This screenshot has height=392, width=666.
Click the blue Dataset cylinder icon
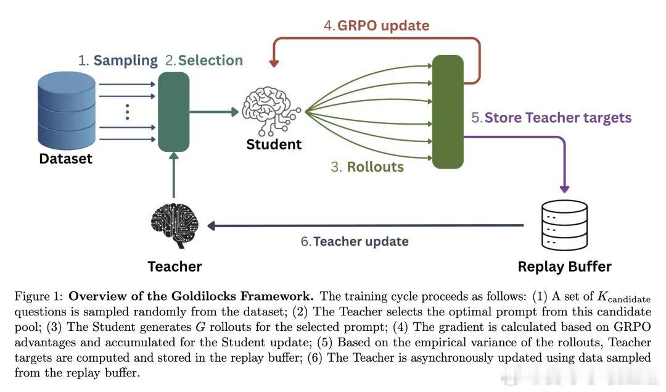(67, 109)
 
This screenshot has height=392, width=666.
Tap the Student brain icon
(272, 111)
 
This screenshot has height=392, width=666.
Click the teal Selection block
(173, 112)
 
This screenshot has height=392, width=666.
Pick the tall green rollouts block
(448, 112)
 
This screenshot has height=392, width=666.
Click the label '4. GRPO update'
(376, 26)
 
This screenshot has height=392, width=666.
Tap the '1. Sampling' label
(118, 60)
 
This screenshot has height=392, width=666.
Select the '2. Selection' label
(203, 60)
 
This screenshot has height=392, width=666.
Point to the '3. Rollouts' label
(367, 167)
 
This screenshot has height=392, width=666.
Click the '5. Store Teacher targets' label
(551, 117)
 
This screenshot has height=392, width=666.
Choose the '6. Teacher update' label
(355, 241)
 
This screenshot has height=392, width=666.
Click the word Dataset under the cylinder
(65, 159)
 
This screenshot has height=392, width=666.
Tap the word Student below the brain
(274, 144)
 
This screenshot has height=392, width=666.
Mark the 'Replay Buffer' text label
(564, 267)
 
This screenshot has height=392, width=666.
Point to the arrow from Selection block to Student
(213, 112)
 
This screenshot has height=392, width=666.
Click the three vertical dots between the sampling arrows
(127, 112)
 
